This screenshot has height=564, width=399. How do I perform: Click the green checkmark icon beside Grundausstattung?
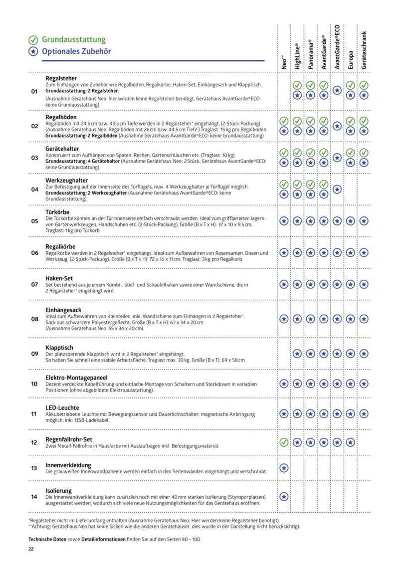pyautogui.click(x=33, y=40)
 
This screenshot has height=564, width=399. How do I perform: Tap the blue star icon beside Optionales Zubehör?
pyautogui.click(x=33, y=51)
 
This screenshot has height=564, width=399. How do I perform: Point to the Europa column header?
pyautogui.click(x=351, y=59)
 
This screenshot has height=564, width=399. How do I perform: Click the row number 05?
pyautogui.click(x=34, y=221)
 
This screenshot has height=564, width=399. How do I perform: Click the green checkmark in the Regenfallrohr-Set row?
pyautogui.click(x=284, y=442)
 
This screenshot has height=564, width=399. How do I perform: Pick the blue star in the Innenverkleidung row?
pyautogui.click(x=284, y=468)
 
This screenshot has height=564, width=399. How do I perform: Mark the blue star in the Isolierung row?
pyautogui.click(x=284, y=496)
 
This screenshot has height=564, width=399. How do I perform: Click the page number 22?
pyautogui.click(x=31, y=549)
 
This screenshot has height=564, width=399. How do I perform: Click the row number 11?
pyautogui.click(x=34, y=414)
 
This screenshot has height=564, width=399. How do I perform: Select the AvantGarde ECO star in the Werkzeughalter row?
pyautogui.click(x=337, y=189)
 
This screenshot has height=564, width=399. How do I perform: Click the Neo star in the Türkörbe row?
pyautogui.click(x=284, y=220)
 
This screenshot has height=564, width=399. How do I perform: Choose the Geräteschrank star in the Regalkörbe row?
pyautogui.click(x=364, y=252)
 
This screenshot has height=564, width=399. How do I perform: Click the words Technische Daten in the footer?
pyautogui.click(x=48, y=540)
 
